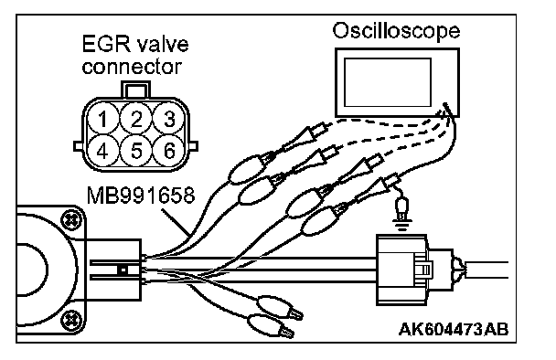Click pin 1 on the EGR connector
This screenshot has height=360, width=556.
(103, 119)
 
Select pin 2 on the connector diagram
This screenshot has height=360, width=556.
(136, 119)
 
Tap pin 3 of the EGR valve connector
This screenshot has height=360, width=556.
(169, 119)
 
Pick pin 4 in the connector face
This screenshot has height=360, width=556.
(103, 152)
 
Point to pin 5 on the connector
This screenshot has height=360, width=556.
(136, 152)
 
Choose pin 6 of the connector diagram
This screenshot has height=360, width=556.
(169, 152)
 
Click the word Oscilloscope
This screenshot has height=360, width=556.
(396, 31)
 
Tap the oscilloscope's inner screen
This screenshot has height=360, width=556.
(388, 82)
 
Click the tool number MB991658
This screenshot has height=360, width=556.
(141, 195)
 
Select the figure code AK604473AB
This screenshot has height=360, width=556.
(454, 329)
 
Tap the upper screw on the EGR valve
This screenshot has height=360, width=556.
(70, 220)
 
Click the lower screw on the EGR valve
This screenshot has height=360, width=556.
(70, 320)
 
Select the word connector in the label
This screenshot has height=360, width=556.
(132, 67)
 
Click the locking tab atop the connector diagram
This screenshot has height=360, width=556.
(136, 90)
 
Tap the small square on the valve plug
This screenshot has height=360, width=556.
(123, 270)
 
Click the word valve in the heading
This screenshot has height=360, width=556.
(162, 44)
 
